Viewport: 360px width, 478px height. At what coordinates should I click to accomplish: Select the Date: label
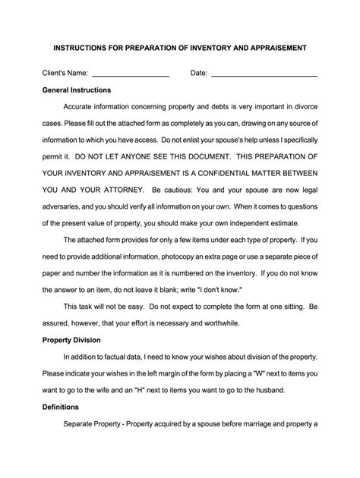click(x=198, y=74)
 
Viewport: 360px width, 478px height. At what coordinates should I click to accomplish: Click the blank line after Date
click(x=264, y=75)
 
